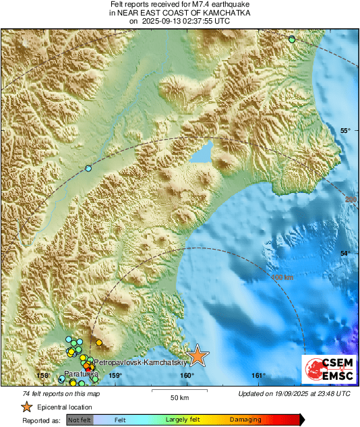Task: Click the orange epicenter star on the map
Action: pyautogui.click(x=198, y=355)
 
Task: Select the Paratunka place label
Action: pyautogui.click(x=82, y=373)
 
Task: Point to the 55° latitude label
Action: pyautogui.click(x=344, y=131)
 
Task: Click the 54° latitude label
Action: pyautogui.click(x=344, y=253)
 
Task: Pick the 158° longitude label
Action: pyautogui.click(x=44, y=376)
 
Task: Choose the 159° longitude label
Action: pyautogui.click(x=115, y=376)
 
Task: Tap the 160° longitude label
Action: pyautogui.click(x=187, y=376)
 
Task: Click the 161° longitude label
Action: pyautogui.click(x=258, y=376)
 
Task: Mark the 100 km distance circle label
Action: pyautogui.click(x=282, y=277)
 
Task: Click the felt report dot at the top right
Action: pyautogui.click(x=292, y=40)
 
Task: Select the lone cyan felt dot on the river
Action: pyautogui.click(x=88, y=168)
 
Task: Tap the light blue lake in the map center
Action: pyautogui.click(x=202, y=153)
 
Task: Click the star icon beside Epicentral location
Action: pyautogui.click(x=26, y=407)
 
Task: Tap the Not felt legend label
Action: pyautogui.click(x=80, y=419)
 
